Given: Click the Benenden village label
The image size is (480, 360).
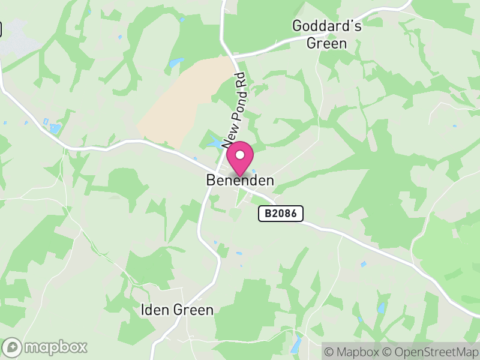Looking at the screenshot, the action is pyautogui.click(x=240, y=180).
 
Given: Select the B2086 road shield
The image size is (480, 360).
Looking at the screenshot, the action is pyautogui.click(x=281, y=213).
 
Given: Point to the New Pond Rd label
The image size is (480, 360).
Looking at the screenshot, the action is pyautogui.click(x=235, y=111).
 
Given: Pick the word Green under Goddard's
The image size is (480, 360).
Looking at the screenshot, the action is pyautogui.click(x=326, y=43).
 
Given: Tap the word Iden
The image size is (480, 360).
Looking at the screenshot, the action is pyautogui.click(x=152, y=310).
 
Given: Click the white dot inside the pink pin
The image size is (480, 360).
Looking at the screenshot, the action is pyautogui.click(x=240, y=155).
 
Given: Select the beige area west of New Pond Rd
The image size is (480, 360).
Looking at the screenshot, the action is pyautogui.click(x=180, y=102).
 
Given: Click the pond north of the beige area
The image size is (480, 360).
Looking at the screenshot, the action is pyautogui.click(x=176, y=62).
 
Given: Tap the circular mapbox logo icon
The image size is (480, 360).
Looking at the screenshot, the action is pyautogui.click(x=12, y=347).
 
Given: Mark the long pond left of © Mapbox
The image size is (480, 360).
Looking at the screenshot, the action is pyautogui.click(x=295, y=345).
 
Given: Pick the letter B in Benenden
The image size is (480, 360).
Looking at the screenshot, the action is pyautogui.click(x=211, y=180).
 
